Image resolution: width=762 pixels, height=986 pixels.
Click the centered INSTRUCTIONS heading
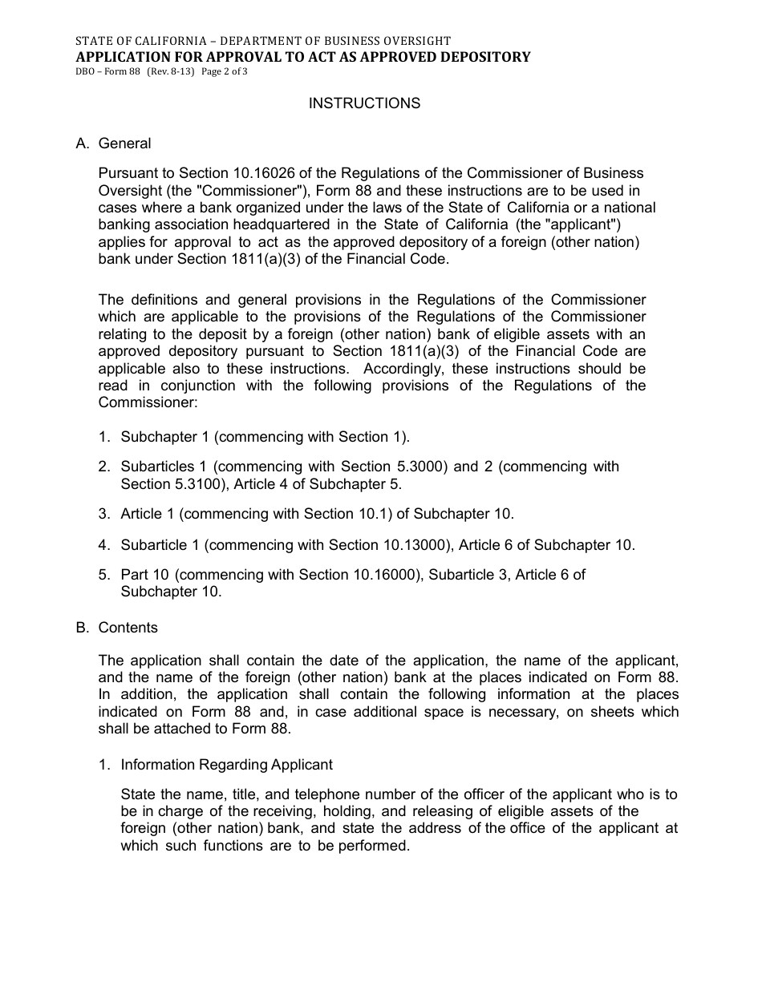tap(364, 103)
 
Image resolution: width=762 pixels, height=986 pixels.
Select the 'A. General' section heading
tap(113, 143)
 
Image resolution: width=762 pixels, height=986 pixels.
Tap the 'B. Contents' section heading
tap(116, 628)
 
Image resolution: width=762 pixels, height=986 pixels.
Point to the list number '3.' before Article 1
tap(104, 514)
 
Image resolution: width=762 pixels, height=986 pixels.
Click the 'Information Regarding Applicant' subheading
tap(226, 765)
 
